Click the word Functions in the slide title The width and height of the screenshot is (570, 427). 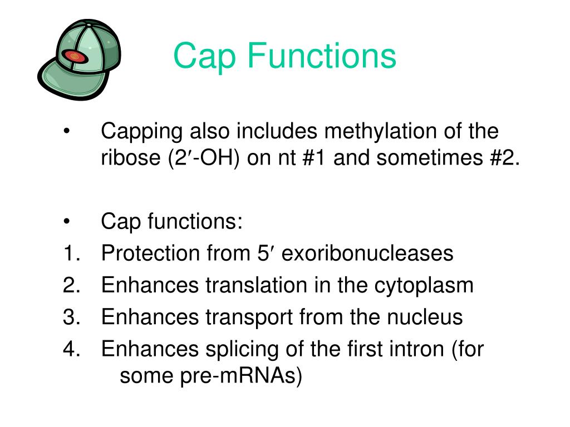322,56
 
